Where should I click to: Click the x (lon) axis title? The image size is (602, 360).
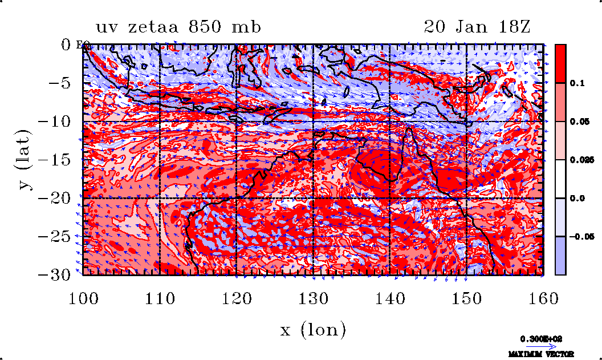click(313, 329)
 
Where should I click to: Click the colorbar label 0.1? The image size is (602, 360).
click(577, 83)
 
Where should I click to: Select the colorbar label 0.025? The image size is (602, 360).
click(580, 160)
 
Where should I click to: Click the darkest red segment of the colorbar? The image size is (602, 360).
click(560, 63)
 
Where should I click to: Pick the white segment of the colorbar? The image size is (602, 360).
click(560, 179)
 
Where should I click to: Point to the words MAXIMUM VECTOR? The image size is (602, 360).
click(542, 354)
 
